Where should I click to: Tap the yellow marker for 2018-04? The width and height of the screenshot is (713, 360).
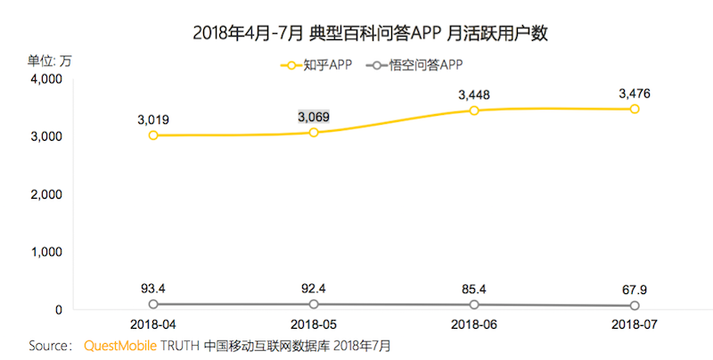[153, 135]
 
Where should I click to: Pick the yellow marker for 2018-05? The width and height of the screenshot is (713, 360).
[314, 132]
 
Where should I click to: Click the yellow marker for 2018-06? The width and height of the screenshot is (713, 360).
[474, 110]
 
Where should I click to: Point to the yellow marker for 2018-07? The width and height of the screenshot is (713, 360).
[635, 109]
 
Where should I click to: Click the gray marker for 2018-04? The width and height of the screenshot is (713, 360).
[153, 305]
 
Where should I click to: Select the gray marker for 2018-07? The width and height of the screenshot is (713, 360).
[635, 307]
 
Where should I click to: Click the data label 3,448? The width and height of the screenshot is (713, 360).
[474, 94]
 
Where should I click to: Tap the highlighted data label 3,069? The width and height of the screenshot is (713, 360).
[314, 117]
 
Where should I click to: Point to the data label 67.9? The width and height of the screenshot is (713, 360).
[635, 290]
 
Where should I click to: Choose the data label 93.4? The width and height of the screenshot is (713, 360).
[153, 288]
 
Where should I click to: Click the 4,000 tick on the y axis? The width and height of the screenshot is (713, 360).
[43, 79]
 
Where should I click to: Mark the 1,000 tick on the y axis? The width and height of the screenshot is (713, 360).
[43, 252]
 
